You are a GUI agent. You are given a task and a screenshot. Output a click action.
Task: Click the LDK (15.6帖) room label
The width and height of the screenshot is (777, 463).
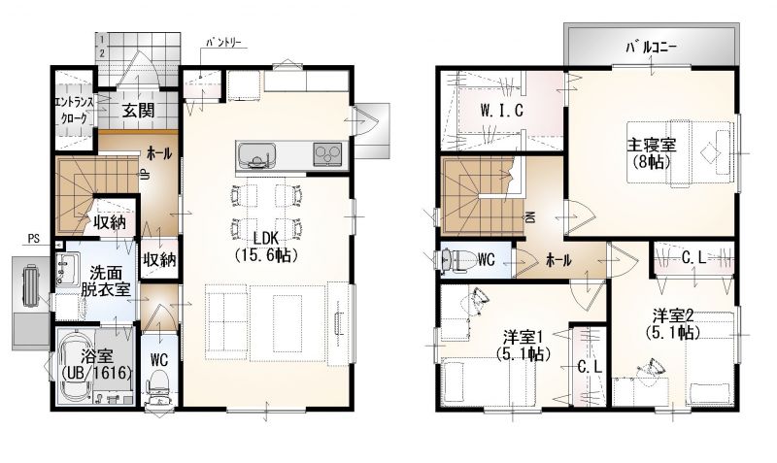click(x=266, y=247)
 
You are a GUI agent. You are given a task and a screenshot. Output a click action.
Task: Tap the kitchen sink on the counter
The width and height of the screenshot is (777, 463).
click(x=255, y=155)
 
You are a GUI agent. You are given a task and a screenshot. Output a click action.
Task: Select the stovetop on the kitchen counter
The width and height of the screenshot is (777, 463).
click(x=327, y=153)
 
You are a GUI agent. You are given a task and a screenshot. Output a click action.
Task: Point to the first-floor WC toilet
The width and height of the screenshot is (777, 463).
click(x=158, y=389)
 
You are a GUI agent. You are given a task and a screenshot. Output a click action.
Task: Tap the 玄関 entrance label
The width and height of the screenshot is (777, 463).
click(x=138, y=111)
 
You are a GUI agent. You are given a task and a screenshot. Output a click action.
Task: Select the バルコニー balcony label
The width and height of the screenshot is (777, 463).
click(x=651, y=48)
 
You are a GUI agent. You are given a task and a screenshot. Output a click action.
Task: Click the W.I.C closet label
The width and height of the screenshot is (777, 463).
click(x=501, y=111)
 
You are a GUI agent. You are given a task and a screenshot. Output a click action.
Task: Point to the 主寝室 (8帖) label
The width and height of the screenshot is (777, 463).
click(x=652, y=153)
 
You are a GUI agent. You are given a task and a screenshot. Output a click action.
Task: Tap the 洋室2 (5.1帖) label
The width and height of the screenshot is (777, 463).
click(x=672, y=324)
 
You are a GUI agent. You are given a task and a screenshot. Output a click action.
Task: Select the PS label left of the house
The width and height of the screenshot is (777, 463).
click(x=33, y=239)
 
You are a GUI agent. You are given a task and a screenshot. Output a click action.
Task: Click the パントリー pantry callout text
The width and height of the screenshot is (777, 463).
click(x=223, y=42)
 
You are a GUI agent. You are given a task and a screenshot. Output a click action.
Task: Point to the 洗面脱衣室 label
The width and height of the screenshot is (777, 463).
click(x=106, y=281)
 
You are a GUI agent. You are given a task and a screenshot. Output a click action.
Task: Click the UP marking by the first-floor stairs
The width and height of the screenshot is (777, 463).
click(x=143, y=176)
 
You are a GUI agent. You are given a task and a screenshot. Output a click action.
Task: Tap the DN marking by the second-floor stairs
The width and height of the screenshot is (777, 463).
click(x=529, y=216)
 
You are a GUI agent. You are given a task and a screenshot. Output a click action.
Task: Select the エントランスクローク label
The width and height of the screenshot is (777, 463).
click(x=75, y=111)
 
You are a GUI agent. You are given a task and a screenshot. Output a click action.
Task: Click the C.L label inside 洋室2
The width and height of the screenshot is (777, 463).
click(x=693, y=257)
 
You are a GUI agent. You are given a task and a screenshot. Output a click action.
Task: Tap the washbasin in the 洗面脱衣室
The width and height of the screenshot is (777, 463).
click(x=68, y=269)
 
